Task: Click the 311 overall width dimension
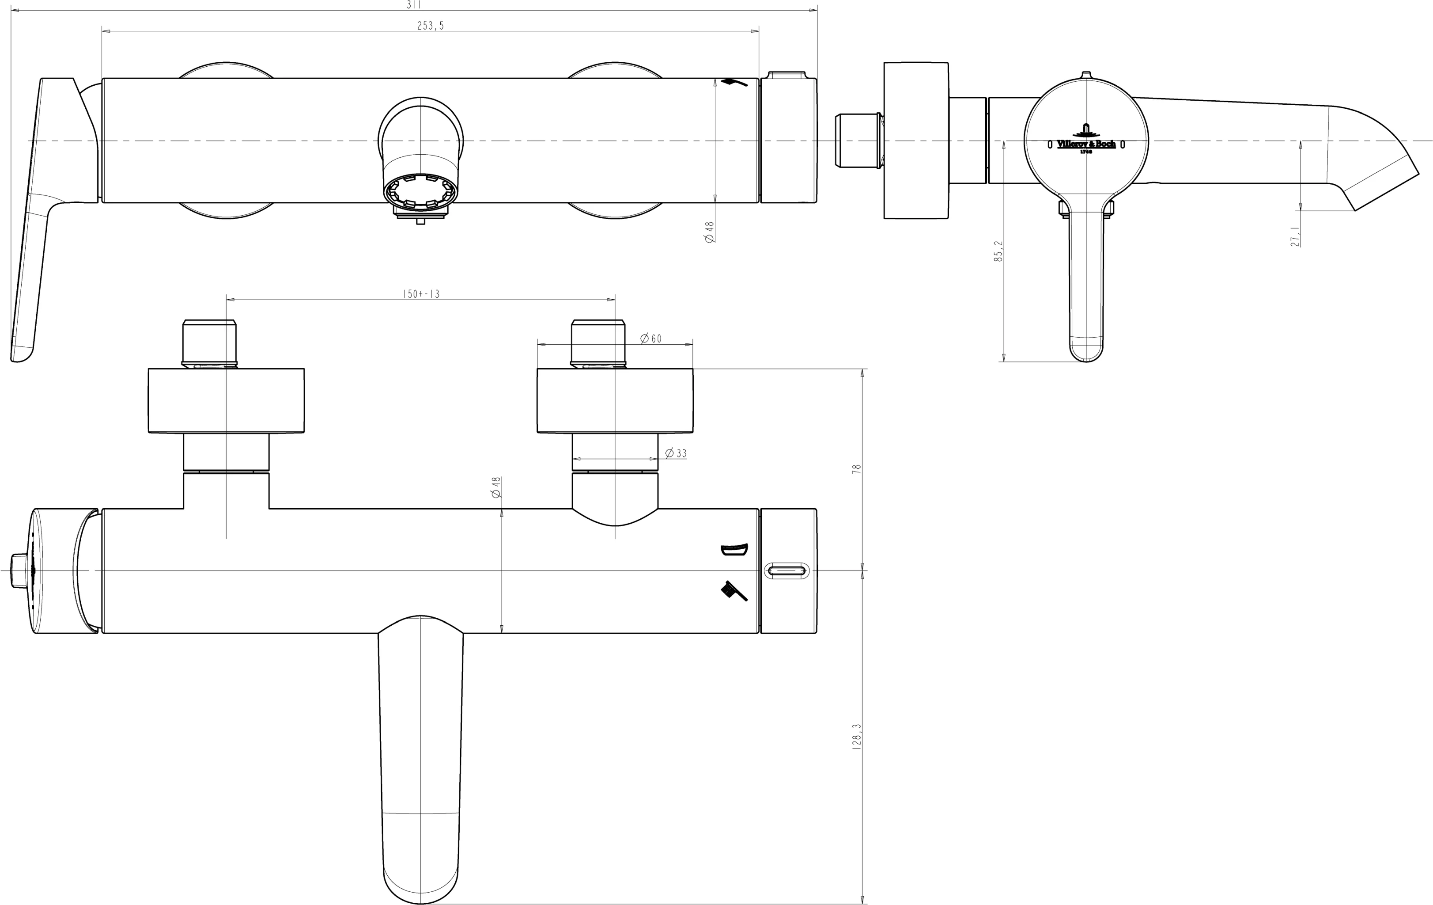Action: [x=414, y=5]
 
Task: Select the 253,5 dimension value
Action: [x=430, y=26]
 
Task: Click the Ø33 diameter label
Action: [x=676, y=453]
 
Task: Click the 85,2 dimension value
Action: [x=998, y=251]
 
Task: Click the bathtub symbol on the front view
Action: [x=734, y=550]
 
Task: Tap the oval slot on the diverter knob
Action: [x=787, y=570]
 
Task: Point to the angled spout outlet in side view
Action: [x=1382, y=182]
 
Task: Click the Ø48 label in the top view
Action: [x=709, y=232]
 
